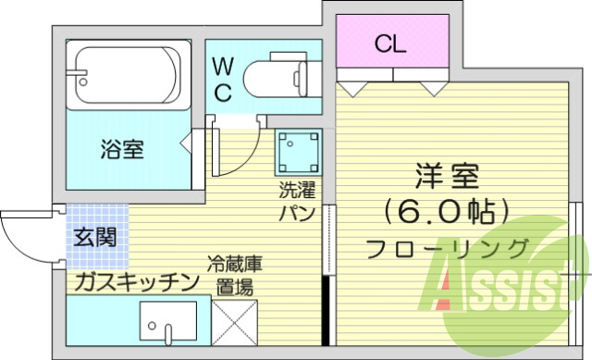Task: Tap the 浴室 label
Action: coord(122,148)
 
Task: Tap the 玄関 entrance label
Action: coord(95,237)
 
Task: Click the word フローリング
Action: coord(448,248)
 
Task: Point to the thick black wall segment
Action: coord(326,310)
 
